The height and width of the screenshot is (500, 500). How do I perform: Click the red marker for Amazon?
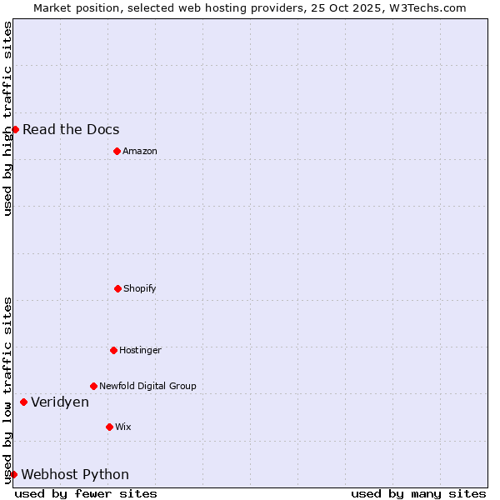[x=117, y=151]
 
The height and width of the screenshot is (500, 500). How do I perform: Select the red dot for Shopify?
[x=117, y=288]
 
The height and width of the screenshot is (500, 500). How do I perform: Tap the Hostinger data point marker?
[x=113, y=350]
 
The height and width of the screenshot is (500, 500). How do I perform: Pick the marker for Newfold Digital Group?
[x=93, y=386]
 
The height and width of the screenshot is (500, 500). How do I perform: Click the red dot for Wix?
[x=109, y=427]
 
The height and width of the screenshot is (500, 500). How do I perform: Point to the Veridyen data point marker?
[x=23, y=402]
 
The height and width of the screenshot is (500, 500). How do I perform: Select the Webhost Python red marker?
[x=13, y=474]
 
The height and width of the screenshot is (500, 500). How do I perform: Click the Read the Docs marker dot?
[x=15, y=129]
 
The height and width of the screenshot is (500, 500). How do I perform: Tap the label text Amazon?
[x=140, y=151]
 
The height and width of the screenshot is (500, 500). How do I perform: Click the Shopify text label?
[x=140, y=288]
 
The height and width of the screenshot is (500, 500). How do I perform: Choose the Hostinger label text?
[x=140, y=350]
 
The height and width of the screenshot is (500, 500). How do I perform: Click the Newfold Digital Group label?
[x=147, y=386]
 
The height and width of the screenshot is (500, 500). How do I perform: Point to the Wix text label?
[x=123, y=427]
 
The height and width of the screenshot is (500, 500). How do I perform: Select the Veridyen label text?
[x=60, y=402]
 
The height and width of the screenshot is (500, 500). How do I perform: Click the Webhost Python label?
[x=75, y=474]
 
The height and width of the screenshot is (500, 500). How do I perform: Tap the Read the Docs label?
[x=71, y=129]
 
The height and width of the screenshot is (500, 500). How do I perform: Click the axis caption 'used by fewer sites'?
[x=86, y=493]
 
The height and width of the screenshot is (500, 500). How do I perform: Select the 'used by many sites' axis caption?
[x=418, y=493]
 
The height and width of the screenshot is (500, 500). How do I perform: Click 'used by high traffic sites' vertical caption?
[x=7, y=118]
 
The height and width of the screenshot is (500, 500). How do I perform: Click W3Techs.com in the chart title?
[x=426, y=7]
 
